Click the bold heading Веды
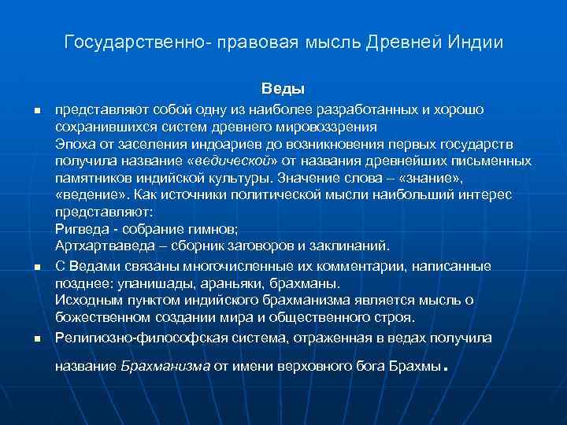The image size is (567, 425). coord(283,89)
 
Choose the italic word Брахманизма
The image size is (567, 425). coord(165,366)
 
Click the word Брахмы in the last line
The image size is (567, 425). coord(415,366)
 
